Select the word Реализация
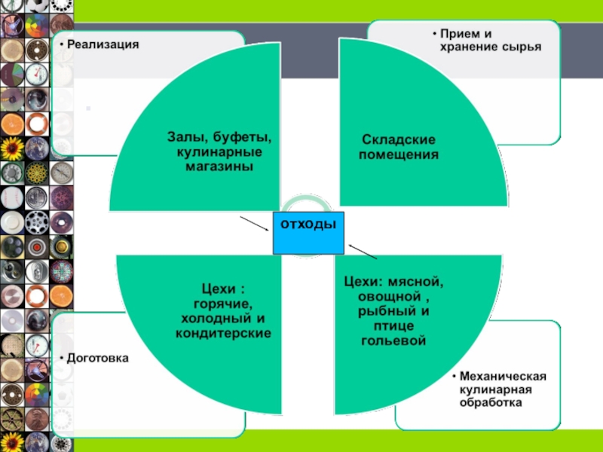point(103,44)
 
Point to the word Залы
point(184,137)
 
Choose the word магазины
point(219,166)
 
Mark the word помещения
point(399,154)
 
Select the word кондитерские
point(223,331)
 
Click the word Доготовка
point(97,359)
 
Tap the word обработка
point(491,403)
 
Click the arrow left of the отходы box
point(254,224)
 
